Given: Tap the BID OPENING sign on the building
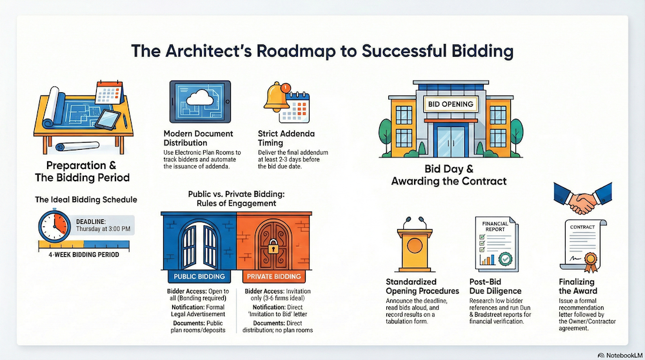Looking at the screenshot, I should pyautogui.click(x=450, y=104).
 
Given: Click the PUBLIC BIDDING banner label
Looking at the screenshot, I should pyautogui.click(x=196, y=277).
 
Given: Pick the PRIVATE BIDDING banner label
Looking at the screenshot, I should pyautogui.click(x=274, y=277).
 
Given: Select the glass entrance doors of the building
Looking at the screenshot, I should pyautogui.click(x=450, y=141).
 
